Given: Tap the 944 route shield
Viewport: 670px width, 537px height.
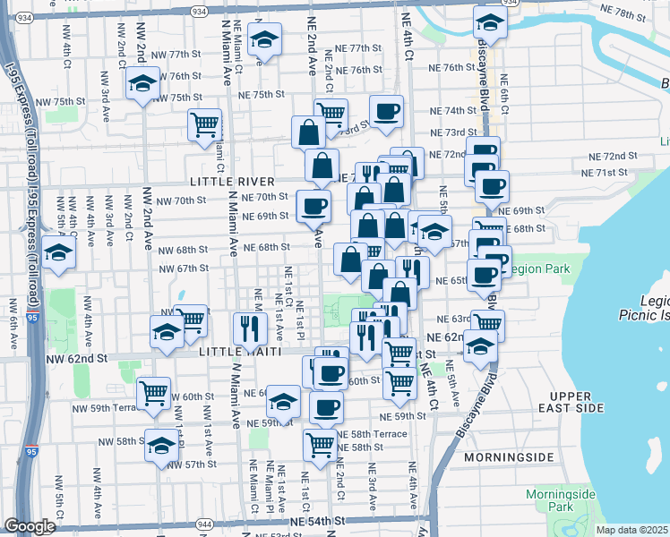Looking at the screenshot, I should (x=204, y=524).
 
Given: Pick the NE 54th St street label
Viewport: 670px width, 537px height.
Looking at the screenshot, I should (x=317, y=521).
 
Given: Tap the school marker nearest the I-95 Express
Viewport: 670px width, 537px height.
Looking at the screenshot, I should (x=58, y=251).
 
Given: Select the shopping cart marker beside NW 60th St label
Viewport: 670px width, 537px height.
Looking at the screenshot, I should (x=153, y=391).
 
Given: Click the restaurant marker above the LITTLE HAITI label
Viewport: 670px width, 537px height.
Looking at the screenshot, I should (x=250, y=327).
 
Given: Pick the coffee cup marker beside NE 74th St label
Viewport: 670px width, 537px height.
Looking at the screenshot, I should (x=386, y=111).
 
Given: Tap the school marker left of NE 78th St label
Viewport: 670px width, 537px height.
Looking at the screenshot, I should (x=489, y=21).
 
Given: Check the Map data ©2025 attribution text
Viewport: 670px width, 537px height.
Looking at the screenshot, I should (x=631, y=530).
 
